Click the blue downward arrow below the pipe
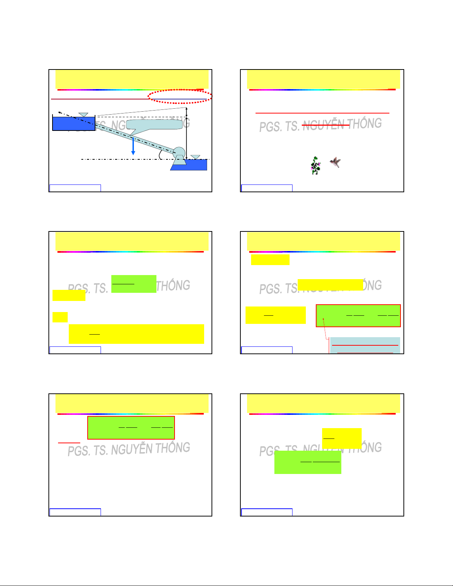133,146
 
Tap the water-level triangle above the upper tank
84,115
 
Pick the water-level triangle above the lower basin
195,157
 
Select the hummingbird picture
335,162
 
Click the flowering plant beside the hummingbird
315,165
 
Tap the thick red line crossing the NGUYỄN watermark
325,126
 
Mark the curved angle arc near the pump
160,155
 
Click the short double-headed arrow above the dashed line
187,112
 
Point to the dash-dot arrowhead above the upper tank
60,112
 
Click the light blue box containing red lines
365,345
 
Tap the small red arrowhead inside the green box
323,319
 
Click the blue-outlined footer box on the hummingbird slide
267,188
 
